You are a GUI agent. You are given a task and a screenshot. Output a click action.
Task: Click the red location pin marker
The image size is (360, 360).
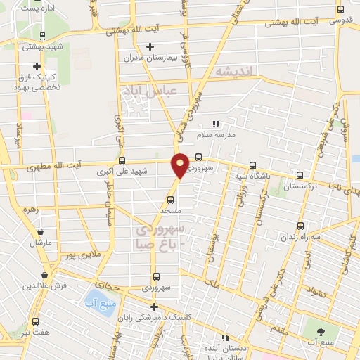tap(181, 164)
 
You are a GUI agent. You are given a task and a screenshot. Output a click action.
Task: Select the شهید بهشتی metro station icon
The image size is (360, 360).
tap(43, 36)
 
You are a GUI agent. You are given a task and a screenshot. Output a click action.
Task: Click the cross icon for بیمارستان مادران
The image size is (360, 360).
tap(150, 47)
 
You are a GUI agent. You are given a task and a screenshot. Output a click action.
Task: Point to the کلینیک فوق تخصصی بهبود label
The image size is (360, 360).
tap(40, 84)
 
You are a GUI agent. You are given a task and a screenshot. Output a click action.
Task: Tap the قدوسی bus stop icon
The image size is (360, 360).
tap(341, 10)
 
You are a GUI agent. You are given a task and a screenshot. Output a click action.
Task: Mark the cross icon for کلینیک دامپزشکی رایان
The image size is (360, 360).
tap(153, 307)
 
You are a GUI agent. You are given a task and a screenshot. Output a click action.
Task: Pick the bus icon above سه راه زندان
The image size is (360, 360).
tap(301, 226)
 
